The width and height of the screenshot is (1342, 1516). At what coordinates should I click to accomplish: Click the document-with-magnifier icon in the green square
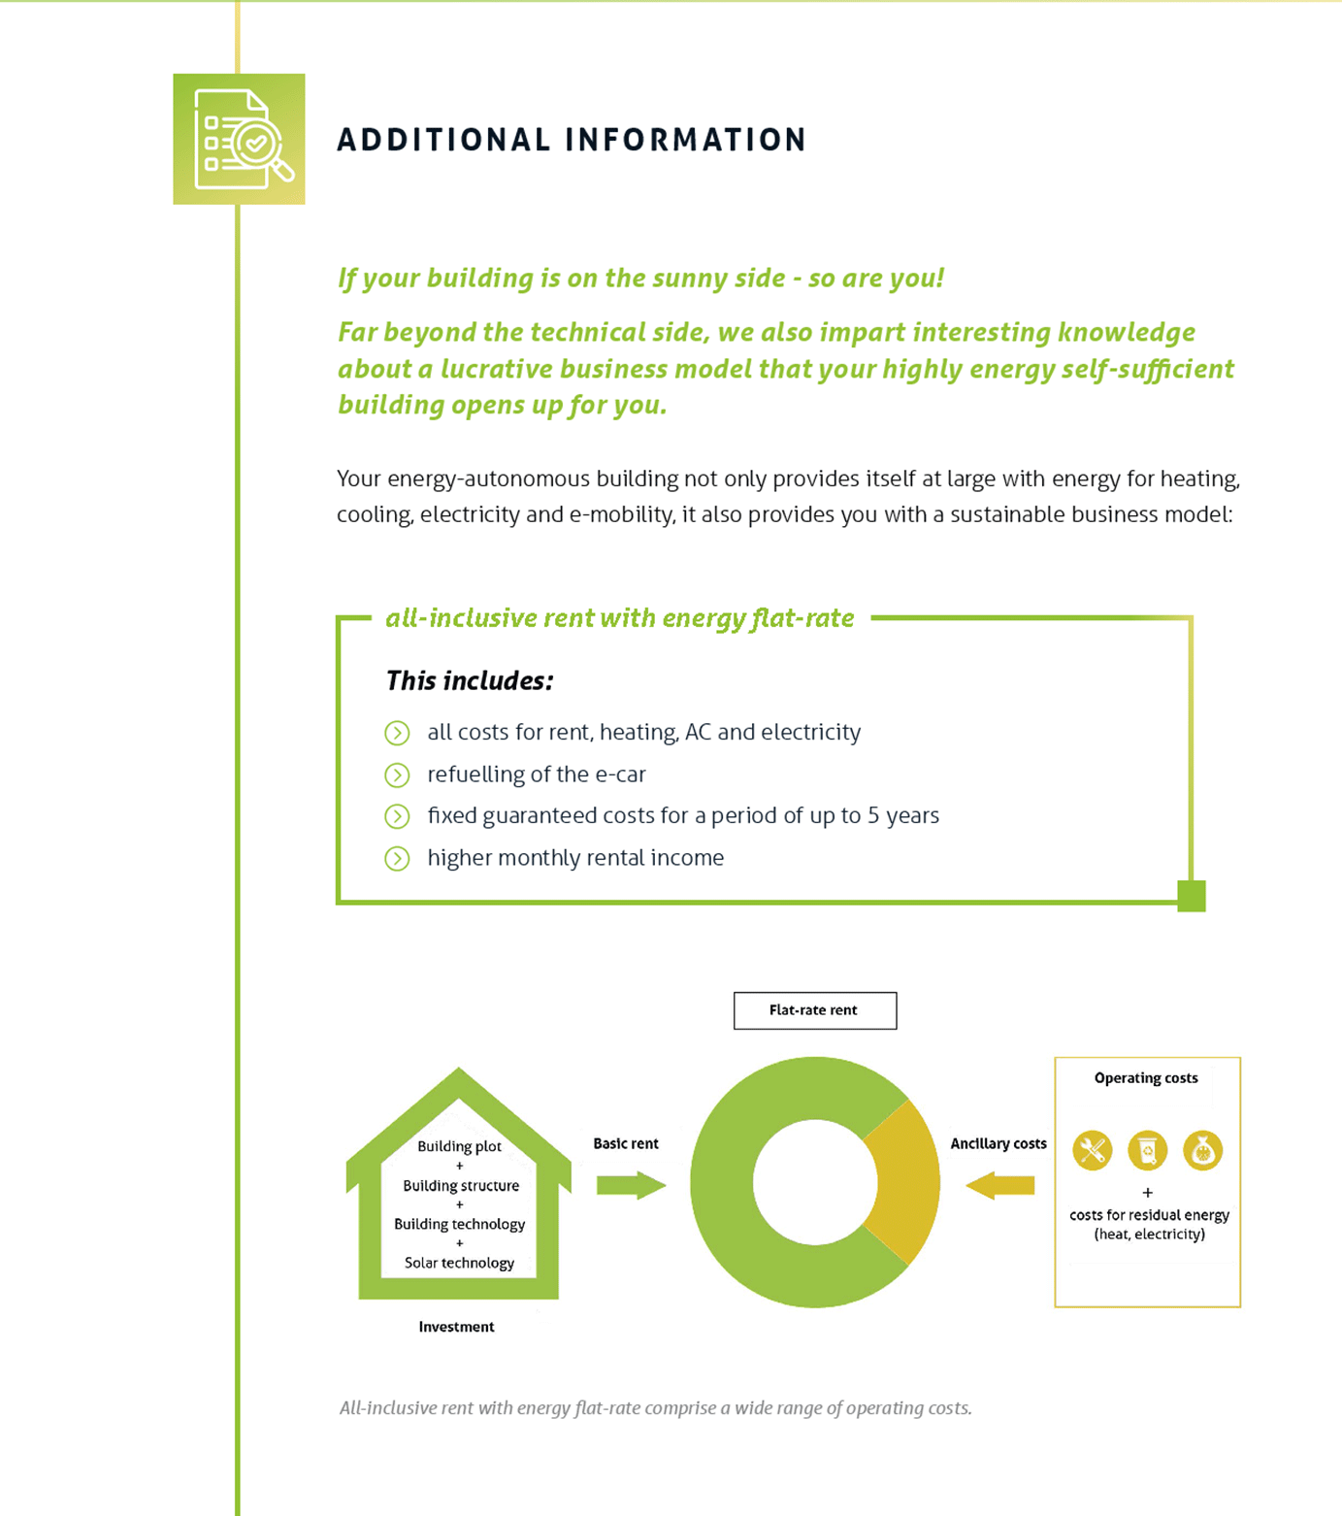(241, 140)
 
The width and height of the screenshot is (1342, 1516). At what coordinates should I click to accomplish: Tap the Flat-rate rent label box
(814, 1010)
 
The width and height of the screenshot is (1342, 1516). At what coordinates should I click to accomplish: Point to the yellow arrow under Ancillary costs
(1000, 1185)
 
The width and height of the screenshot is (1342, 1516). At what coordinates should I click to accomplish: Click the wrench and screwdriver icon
(1092, 1151)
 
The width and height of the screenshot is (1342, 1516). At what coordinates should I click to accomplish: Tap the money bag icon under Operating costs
(1202, 1151)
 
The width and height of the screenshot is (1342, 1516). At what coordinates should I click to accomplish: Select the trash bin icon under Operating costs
(1147, 1151)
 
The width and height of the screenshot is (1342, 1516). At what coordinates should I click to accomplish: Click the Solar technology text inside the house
(459, 1263)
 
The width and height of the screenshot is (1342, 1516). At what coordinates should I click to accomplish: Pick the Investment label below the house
(456, 1327)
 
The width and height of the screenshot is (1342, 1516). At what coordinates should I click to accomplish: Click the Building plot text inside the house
(459, 1146)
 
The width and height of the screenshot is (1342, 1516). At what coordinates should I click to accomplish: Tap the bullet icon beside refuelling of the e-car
(397, 775)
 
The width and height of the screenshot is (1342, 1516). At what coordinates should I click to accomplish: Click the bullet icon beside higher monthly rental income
(397, 859)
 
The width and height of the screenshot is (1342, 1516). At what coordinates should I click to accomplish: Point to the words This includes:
(470, 681)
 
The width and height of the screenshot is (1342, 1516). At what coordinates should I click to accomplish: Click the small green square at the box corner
(1191, 895)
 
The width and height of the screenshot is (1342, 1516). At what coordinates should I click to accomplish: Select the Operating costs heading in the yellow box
(1146, 1078)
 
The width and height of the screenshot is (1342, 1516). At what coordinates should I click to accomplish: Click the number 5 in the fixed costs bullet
(873, 816)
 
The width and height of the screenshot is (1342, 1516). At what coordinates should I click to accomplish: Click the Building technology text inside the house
(459, 1224)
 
